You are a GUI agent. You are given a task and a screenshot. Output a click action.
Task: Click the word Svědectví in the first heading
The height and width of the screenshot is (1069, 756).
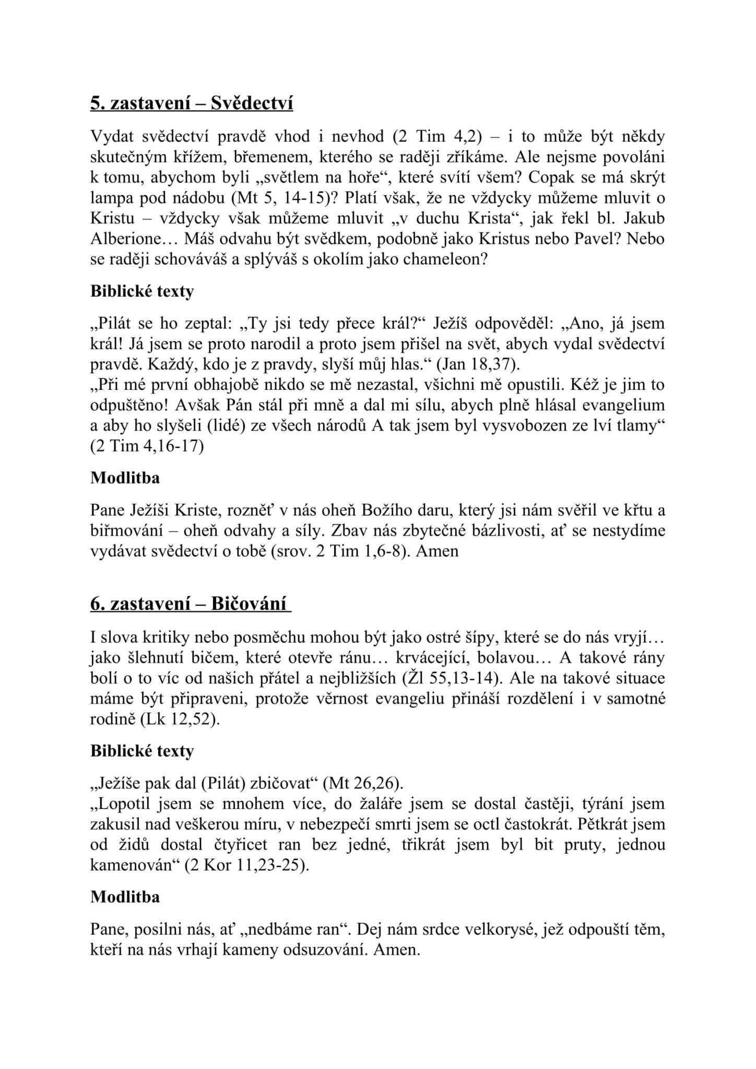coord(252,103)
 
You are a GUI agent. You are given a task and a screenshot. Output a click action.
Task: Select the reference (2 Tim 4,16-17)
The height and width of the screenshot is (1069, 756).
coord(147,447)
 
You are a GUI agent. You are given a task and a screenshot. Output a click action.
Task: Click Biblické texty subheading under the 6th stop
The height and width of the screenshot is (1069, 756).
coord(142,751)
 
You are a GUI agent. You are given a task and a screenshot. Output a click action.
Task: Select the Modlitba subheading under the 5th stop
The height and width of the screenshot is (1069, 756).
coord(125,478)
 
